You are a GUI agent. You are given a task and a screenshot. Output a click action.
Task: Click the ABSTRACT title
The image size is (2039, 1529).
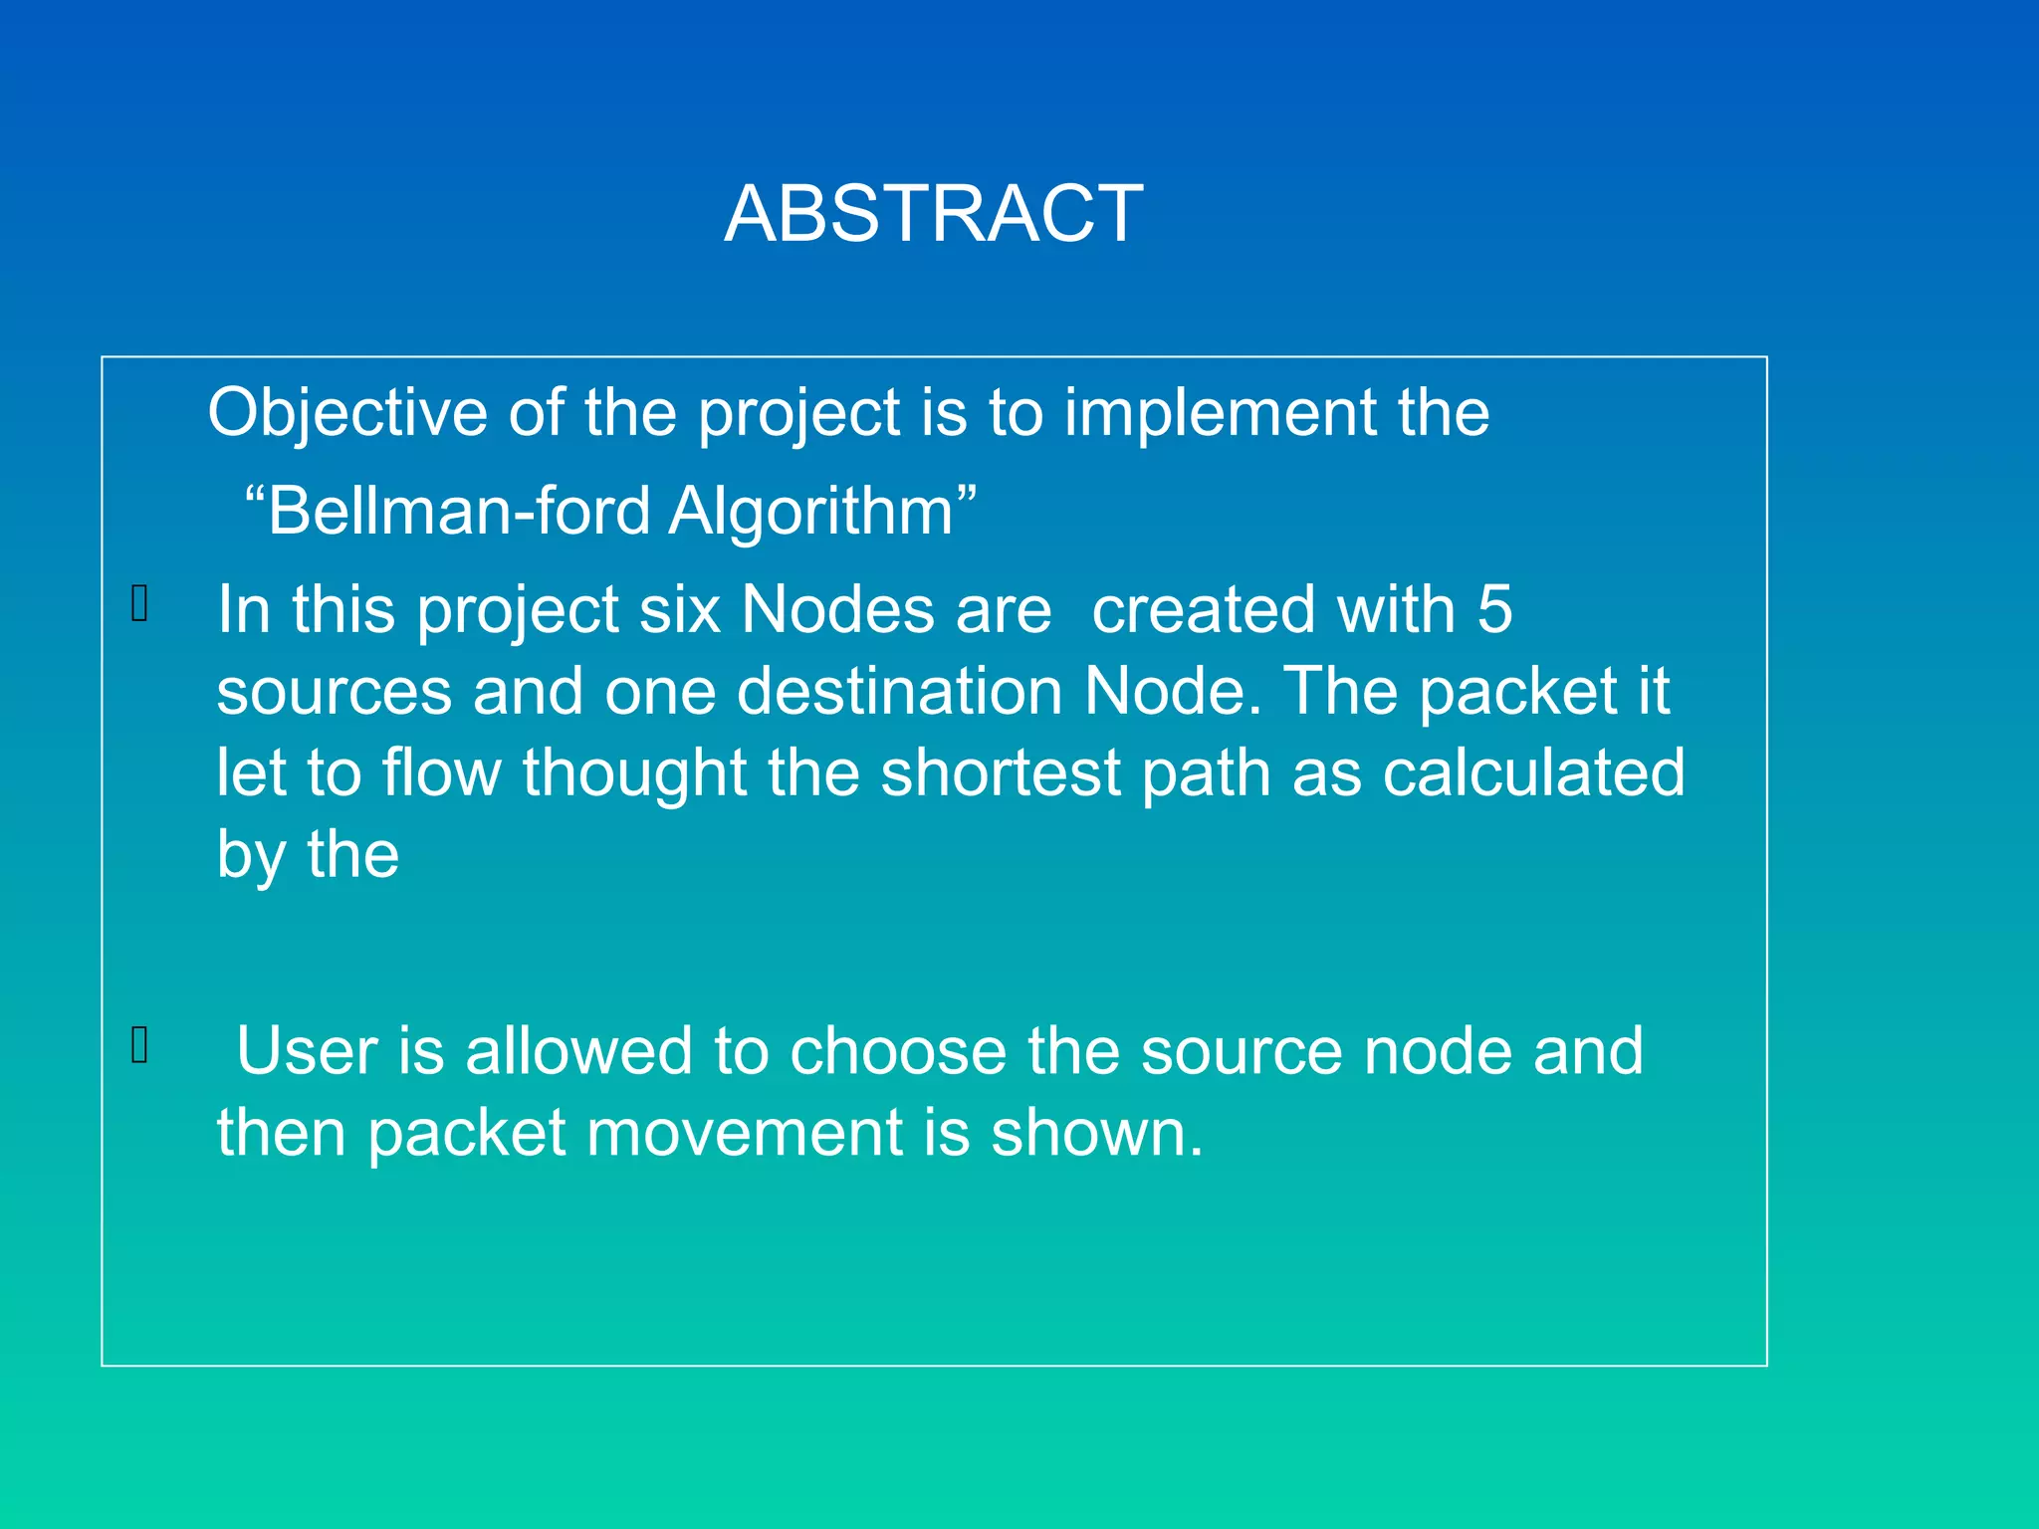pos(933,214)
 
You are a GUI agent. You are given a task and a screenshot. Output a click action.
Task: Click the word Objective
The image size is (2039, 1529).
pos(346,413)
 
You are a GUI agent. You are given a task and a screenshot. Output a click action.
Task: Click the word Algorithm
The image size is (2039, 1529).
pos(811,512)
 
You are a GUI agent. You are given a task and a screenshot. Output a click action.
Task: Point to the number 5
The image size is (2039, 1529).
pos(1494,609)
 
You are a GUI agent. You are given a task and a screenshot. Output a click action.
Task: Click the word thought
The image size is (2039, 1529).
pos(634,772)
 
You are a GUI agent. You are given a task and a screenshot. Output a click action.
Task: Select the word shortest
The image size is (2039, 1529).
pos(1000,772)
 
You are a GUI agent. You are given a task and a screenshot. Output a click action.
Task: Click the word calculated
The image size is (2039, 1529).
pos(1533,772)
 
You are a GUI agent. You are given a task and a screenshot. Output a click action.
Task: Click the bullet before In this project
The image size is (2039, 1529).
pos(140,603)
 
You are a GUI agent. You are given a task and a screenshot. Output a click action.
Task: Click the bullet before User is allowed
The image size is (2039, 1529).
pos(140,1045)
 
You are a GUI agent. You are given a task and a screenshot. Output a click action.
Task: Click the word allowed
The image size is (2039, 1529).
pos(577,1051)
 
